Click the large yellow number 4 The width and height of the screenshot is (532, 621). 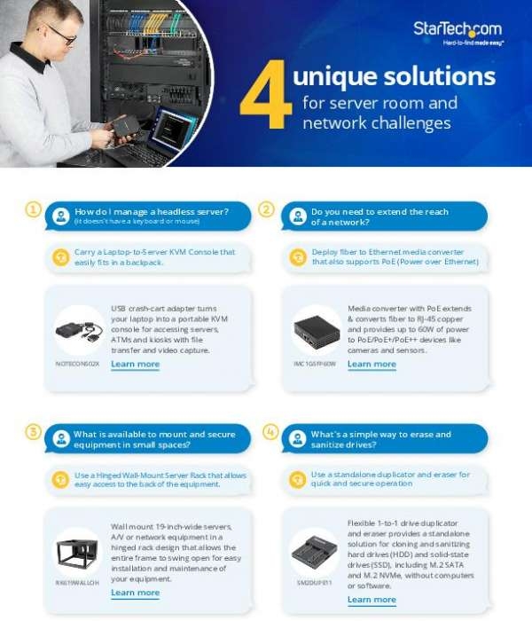coord(265,97)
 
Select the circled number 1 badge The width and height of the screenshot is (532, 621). coord(33,210)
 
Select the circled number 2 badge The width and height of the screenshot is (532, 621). coord(266,210)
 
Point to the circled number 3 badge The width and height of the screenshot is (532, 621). coord(33,432)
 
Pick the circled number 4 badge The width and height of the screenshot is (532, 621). coord(270,432)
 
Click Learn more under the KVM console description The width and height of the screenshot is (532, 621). coord(136,365)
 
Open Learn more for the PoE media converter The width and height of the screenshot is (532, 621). coord(372,365)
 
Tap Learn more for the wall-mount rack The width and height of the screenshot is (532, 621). coord(136,593)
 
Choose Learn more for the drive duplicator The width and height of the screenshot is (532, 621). coord(372,600)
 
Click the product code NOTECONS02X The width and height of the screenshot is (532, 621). coord(78,364)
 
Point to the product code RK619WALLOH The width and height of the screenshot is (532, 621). coord(78,582)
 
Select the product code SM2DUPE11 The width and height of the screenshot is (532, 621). coord(314,582)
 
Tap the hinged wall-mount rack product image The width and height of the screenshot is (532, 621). coord(78,550)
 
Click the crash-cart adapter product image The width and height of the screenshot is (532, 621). coord(78,331)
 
